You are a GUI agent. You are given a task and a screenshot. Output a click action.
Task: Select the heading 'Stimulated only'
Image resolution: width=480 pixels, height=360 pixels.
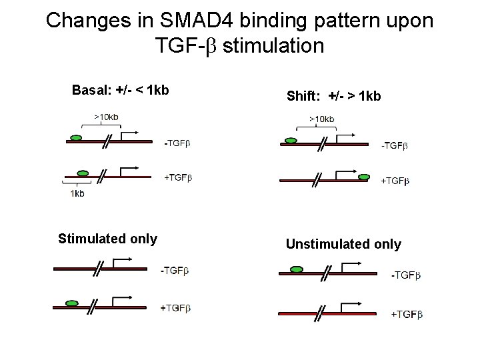[x=107, y=239]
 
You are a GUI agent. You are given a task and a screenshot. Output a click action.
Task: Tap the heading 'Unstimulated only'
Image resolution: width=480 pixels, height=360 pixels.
[x=343, y=244]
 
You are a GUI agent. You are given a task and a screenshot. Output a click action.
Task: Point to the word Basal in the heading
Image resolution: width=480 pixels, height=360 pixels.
[x=89, y=91]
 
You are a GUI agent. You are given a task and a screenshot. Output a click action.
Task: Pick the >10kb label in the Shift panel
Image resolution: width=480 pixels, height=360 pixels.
[x=321, y=119]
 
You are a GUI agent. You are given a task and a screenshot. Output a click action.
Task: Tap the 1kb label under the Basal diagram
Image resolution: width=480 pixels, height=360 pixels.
[x=77, y=194]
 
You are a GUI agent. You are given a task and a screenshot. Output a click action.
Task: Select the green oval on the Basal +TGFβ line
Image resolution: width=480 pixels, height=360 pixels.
[x=83, y=172]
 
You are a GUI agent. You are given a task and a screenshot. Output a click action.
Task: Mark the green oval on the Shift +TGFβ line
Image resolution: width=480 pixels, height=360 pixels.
[x=364, y=177]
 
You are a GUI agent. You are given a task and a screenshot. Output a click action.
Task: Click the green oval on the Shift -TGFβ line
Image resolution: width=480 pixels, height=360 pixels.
[x=291, y=141]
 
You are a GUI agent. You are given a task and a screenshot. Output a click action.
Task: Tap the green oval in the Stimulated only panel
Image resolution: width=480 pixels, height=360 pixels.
[x=72, y=303]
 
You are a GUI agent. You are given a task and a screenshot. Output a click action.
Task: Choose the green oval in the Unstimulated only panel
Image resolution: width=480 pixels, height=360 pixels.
[x=295, y=271]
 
